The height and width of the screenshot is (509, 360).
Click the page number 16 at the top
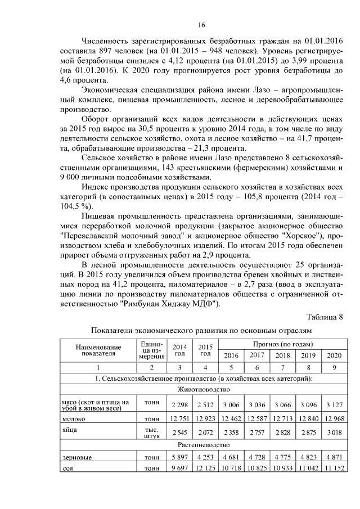coord(201,24)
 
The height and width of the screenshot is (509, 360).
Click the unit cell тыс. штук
coord(150,431)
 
